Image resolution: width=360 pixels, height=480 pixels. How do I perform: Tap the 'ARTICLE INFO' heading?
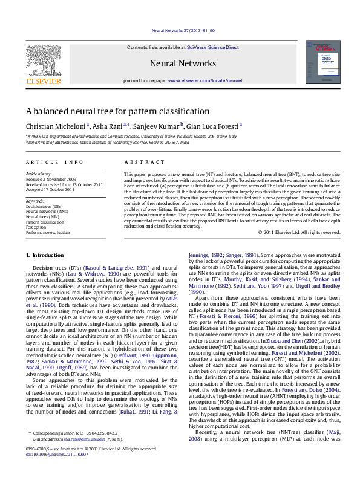pos(54,163)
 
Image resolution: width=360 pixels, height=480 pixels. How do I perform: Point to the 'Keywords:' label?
pos(34,201)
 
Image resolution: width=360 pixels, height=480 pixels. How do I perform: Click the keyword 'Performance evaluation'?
pos(47,232)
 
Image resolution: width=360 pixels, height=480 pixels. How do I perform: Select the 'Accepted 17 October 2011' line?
pos(50,190)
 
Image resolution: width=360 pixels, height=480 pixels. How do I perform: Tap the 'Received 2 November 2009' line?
pos(51,180)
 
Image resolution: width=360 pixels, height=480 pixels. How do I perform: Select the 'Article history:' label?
pos(39,174)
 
